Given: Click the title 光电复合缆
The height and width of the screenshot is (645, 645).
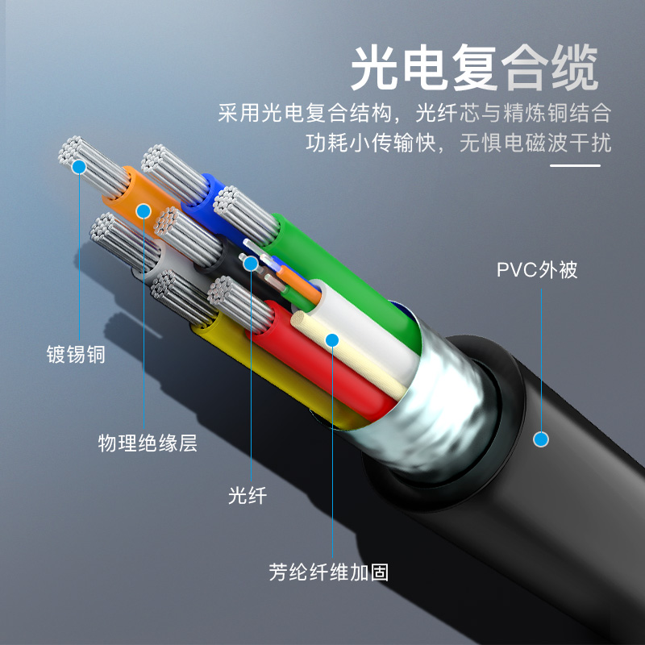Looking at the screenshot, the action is (x=474, y=68).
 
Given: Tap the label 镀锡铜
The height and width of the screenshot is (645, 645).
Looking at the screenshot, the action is (x=76, y=355).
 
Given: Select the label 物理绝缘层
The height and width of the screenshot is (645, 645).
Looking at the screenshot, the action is (x=148, y=443).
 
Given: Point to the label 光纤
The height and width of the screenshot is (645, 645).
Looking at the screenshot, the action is (x=248, y=495).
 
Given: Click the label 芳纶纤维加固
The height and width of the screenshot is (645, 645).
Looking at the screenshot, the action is (x=329, y=572).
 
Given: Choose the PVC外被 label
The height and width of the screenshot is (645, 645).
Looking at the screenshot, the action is (x=537, y=270).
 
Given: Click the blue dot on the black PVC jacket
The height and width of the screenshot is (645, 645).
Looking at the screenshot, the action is (x=541, y=439).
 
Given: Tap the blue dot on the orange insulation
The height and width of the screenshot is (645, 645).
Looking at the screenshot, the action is (x=144, y=211).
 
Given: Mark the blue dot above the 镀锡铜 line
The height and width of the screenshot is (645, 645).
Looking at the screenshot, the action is (x=78, y=167).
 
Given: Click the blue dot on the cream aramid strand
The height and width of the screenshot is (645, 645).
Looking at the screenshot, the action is (x=332, y=340).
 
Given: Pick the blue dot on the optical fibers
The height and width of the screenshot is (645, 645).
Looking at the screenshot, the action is (x=250, y=264).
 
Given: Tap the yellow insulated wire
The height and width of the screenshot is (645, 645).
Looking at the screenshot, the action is (x=264, y=370).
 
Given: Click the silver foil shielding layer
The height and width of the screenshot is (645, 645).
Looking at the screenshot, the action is (x=436, y=403).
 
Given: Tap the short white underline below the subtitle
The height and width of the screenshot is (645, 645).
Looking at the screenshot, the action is (x=575, y=166).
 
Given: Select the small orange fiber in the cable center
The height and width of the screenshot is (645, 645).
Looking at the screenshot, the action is (x=298, y=284).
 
